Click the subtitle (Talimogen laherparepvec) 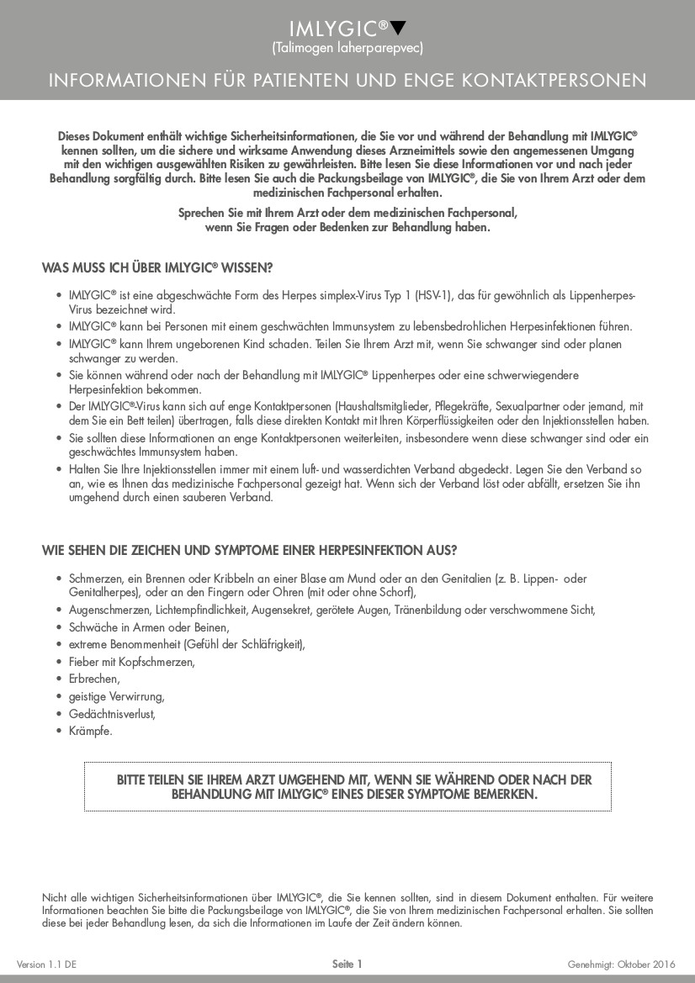(347, 48)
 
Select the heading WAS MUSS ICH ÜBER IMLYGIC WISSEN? (157, 267)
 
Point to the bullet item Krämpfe (90, 731)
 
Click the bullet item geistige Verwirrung (116, 696)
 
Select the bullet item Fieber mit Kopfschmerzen (131, 662)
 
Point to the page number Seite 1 (347, 965)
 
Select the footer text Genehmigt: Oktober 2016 (622, 965)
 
